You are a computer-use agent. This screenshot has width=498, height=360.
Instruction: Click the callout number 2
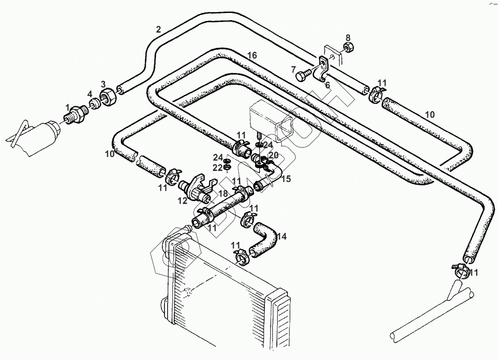(158, 30)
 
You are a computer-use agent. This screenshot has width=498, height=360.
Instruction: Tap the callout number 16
(252, 55)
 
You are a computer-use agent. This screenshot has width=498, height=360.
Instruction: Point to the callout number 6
(327, 85)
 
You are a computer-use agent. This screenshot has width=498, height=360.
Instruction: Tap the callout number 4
(90, 94)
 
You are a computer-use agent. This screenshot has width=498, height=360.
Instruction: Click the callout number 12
(182, 201)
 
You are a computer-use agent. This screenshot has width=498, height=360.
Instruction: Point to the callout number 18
(222, 194)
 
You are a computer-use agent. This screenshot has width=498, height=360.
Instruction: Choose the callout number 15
(286, 178)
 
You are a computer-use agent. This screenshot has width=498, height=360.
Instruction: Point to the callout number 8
(348, 37)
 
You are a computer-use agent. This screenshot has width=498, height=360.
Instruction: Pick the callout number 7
(293, 69)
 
